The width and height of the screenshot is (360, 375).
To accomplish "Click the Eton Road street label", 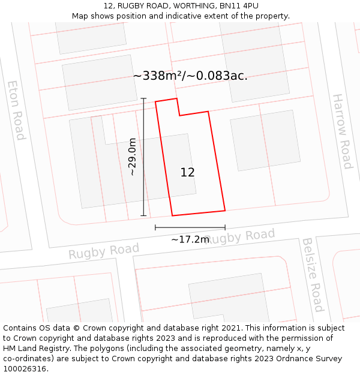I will [16, 110].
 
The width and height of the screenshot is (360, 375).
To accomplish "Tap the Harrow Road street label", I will [342, 131].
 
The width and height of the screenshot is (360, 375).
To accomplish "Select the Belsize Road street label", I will [313, 275].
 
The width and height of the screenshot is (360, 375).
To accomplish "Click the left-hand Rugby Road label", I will [104, 251].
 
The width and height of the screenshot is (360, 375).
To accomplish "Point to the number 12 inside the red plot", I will [187, 172].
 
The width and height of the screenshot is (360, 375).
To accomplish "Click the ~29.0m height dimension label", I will [133, 157].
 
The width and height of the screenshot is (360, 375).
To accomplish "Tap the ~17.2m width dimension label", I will [190, 239].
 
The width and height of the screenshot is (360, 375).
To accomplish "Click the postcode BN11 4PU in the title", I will [239, 6].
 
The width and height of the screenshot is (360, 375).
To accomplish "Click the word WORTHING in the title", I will [191, 6].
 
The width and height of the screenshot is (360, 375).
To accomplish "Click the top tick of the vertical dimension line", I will [143, 98].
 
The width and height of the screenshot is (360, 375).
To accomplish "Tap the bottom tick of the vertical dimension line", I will [143, 215].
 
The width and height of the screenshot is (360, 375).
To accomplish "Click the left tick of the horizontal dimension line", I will [155, 227].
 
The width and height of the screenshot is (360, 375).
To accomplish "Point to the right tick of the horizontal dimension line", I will [225, 227].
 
